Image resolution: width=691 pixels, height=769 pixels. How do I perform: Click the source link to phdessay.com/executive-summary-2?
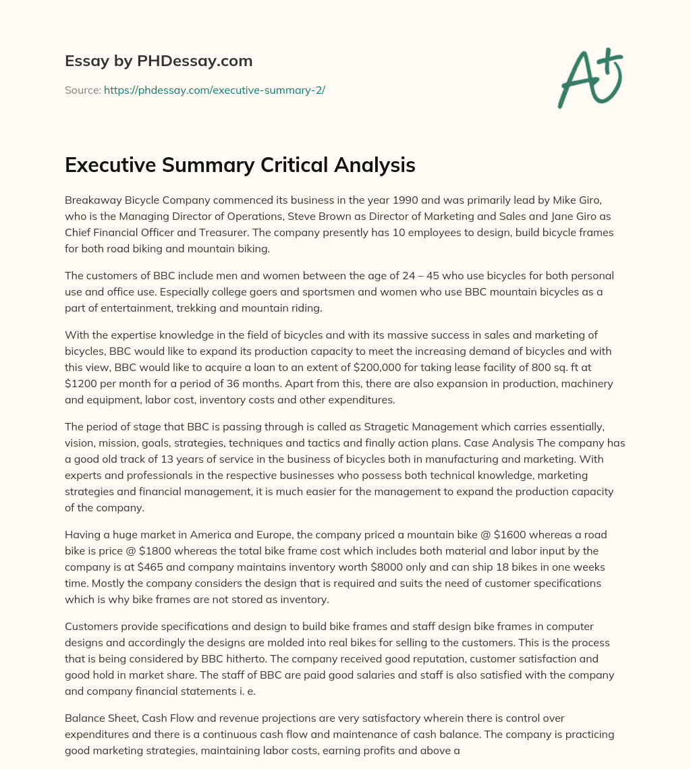click(x=214, y=90)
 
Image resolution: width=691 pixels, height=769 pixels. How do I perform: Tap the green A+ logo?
click(x=589, y=78)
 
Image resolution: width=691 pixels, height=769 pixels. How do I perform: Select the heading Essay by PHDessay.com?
click(x=159, y=61)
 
